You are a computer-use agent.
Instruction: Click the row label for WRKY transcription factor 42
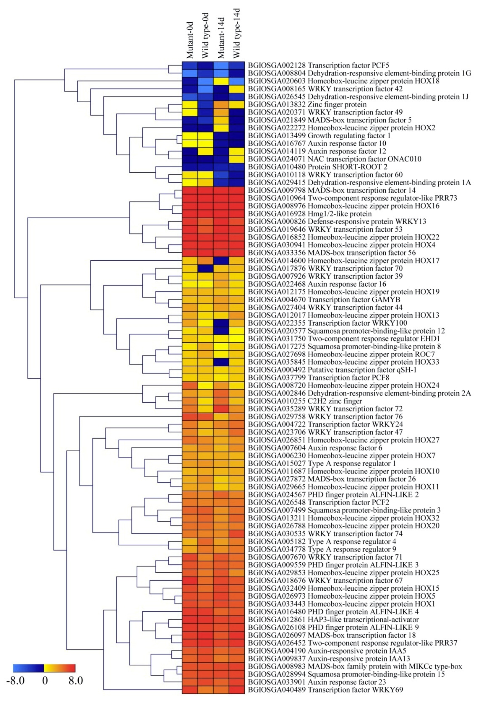point(355,89)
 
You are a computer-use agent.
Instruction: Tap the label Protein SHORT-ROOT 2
point(347,167)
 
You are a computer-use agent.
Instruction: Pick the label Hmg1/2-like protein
point(340,214)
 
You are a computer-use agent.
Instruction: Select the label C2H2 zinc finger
point(335,401)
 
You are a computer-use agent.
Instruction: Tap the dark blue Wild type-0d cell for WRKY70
point(206,268)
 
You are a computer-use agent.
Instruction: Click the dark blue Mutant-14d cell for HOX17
point(221,260)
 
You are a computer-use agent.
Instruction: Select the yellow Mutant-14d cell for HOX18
point(221,81)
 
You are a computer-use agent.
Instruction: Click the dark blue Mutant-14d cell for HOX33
point(221,362)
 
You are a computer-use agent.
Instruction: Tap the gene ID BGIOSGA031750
point(276,339)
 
